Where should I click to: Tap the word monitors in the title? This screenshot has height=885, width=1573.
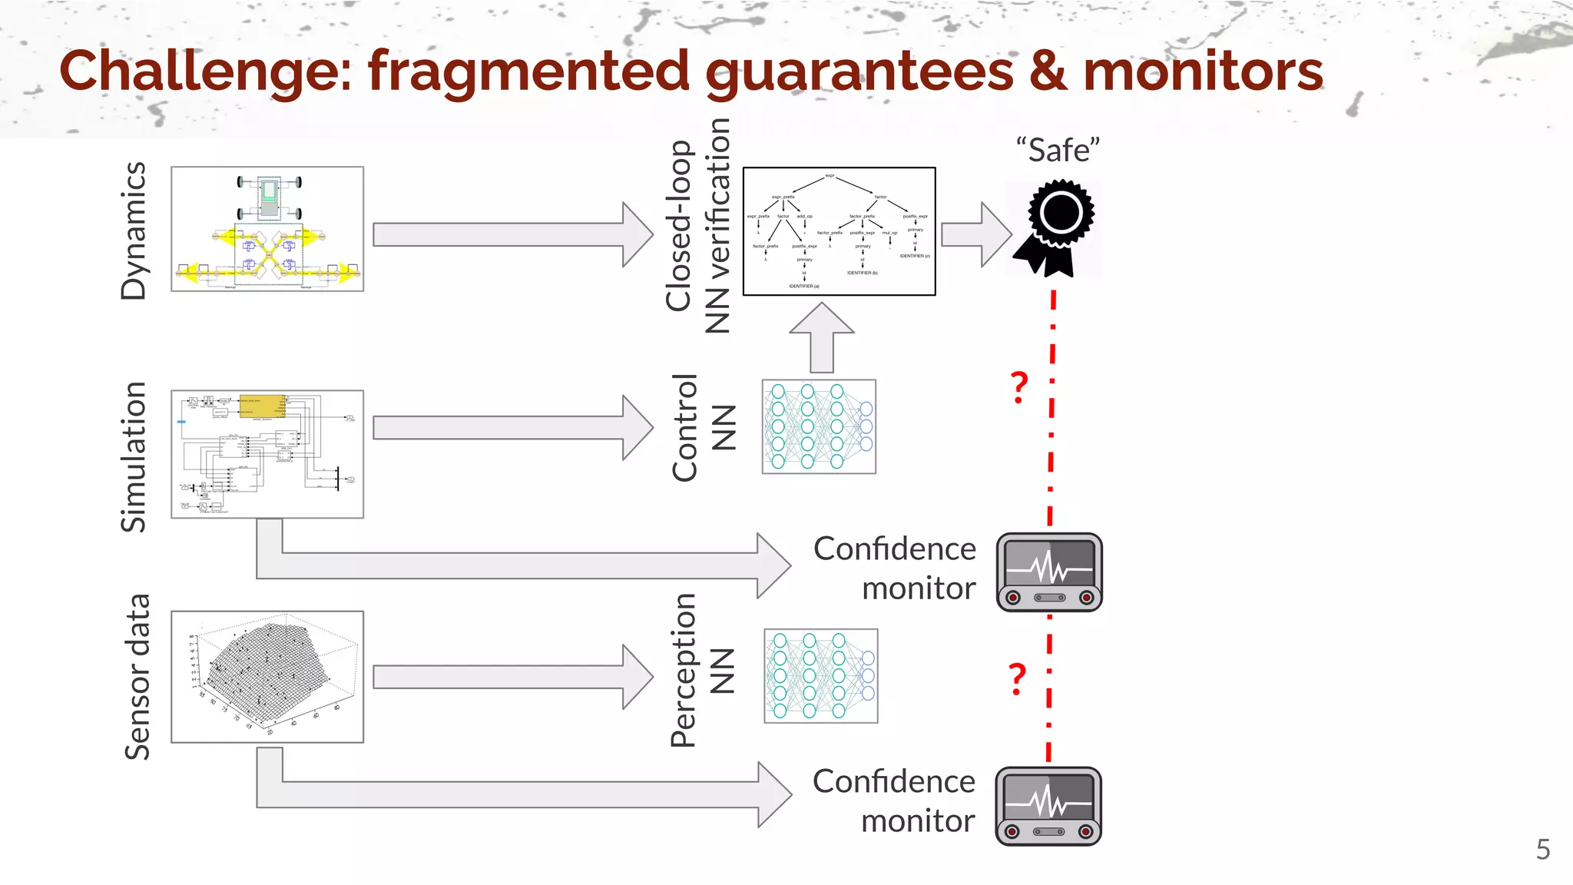tap(1203, 71)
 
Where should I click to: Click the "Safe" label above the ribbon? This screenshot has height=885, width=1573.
tap(1058, 150)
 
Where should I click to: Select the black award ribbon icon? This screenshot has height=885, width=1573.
tap(1056, 228)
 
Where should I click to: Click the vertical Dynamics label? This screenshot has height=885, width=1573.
tap(134, 230)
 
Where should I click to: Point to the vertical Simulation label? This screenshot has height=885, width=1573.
tap(134, 456)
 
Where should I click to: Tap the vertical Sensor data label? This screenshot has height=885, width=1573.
tap(137, 677)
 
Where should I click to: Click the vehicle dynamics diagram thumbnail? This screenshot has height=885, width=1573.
tap(267, 229)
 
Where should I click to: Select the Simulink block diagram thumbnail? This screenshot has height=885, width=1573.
tap(267, 454)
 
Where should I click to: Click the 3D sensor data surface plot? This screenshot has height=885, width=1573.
tap(267, 677)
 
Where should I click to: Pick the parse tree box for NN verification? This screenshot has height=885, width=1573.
tap(839, 231)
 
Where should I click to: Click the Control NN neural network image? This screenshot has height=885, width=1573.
tap(819, 426)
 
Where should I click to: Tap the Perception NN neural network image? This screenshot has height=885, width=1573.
tap(820, 676)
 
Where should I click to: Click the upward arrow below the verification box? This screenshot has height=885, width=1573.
tap(822, 338)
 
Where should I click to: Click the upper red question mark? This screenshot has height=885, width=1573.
tap(1018, 387)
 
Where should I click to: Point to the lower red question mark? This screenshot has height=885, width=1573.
tap(1017, 678)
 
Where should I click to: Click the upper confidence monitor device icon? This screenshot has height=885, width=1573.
tap(1049, 572)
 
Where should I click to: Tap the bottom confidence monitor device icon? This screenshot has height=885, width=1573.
tap(1048, 806)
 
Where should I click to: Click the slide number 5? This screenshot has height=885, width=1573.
tap(1542, 850)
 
